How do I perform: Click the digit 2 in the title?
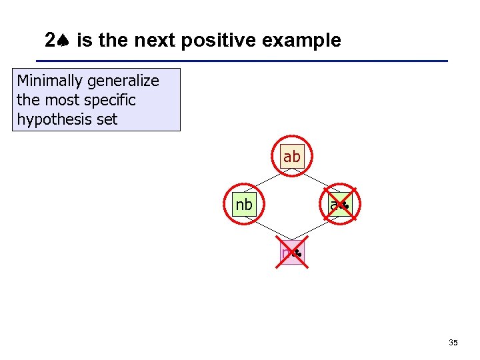point(50,41)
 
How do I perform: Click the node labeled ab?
point(292,157)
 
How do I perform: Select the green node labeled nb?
point(244,205)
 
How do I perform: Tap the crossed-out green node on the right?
point(339,205)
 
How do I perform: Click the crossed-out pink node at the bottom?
point(291,253)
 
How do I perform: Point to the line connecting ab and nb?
point(267,181)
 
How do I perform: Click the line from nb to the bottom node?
point(267,229)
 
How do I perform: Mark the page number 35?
point(453,343)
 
